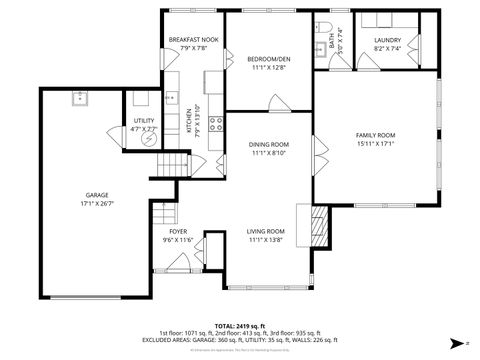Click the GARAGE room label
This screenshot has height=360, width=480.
coord(97,195)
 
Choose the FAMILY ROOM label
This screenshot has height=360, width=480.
coord(376,135)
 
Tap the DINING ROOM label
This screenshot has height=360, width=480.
coord(268,145)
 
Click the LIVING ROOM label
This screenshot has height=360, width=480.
coord(267,231)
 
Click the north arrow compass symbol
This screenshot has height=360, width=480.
coord(455,340)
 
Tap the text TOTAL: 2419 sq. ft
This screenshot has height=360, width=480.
coord(239,325)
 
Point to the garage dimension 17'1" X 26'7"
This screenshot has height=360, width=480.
coord(97,204)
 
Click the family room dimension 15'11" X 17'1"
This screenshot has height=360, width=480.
coord(376,144)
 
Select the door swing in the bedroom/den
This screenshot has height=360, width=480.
coord(276,101)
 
